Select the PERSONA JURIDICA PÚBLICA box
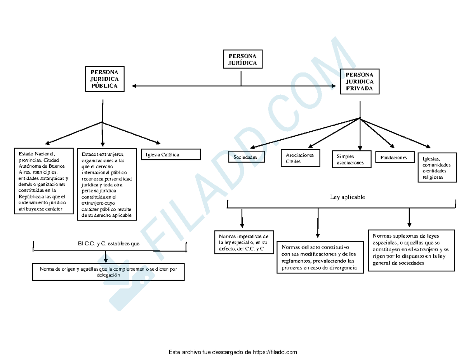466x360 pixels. pos(104,79)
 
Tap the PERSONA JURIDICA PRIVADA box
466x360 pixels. pos(360,82)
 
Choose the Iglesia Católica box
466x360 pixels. pos(170,155)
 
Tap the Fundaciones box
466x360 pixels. pos(394,158)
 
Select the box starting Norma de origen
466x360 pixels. pos(108,271)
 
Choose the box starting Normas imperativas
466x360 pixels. pos(243,242)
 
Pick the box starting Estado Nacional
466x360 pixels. pos(43,181)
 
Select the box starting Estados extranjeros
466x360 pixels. pos(107,184)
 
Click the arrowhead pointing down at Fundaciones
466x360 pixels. pos(392,146)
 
